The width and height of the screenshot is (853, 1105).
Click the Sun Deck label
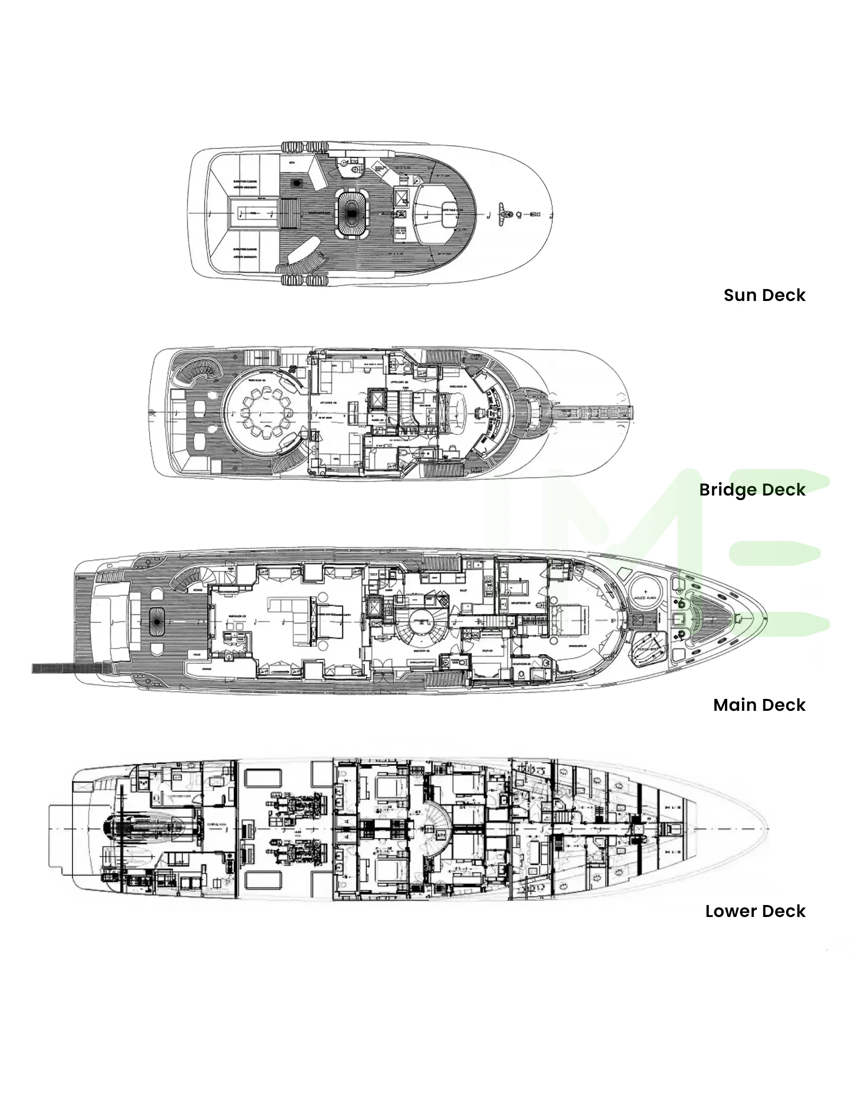[764, 295]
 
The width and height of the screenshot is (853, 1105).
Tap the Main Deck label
[759, 705]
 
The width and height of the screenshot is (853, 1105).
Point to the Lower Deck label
[755, 911]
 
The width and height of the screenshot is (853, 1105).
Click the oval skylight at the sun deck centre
[351, 214]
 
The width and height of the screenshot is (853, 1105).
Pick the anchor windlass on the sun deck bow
[503, 214]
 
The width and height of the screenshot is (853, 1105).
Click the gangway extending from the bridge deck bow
[594, 413]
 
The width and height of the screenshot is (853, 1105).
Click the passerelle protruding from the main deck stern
[53, 669]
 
